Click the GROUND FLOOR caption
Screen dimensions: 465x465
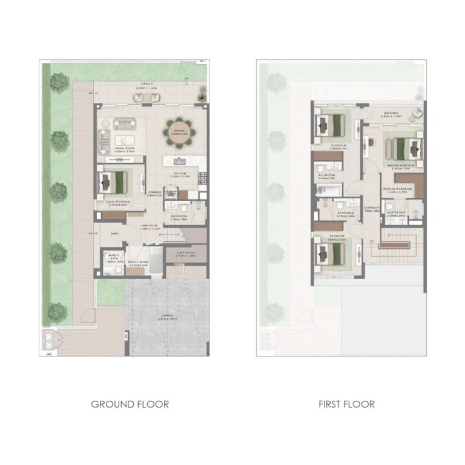130,404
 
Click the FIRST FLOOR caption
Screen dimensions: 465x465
346,404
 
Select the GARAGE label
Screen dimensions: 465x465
167,315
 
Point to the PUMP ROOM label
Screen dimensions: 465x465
185,253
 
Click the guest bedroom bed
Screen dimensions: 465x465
114,180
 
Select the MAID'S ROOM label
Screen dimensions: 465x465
138,263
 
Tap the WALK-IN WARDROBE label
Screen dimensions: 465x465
397,189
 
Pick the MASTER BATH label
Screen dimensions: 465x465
397,213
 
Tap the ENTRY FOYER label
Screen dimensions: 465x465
150,226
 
